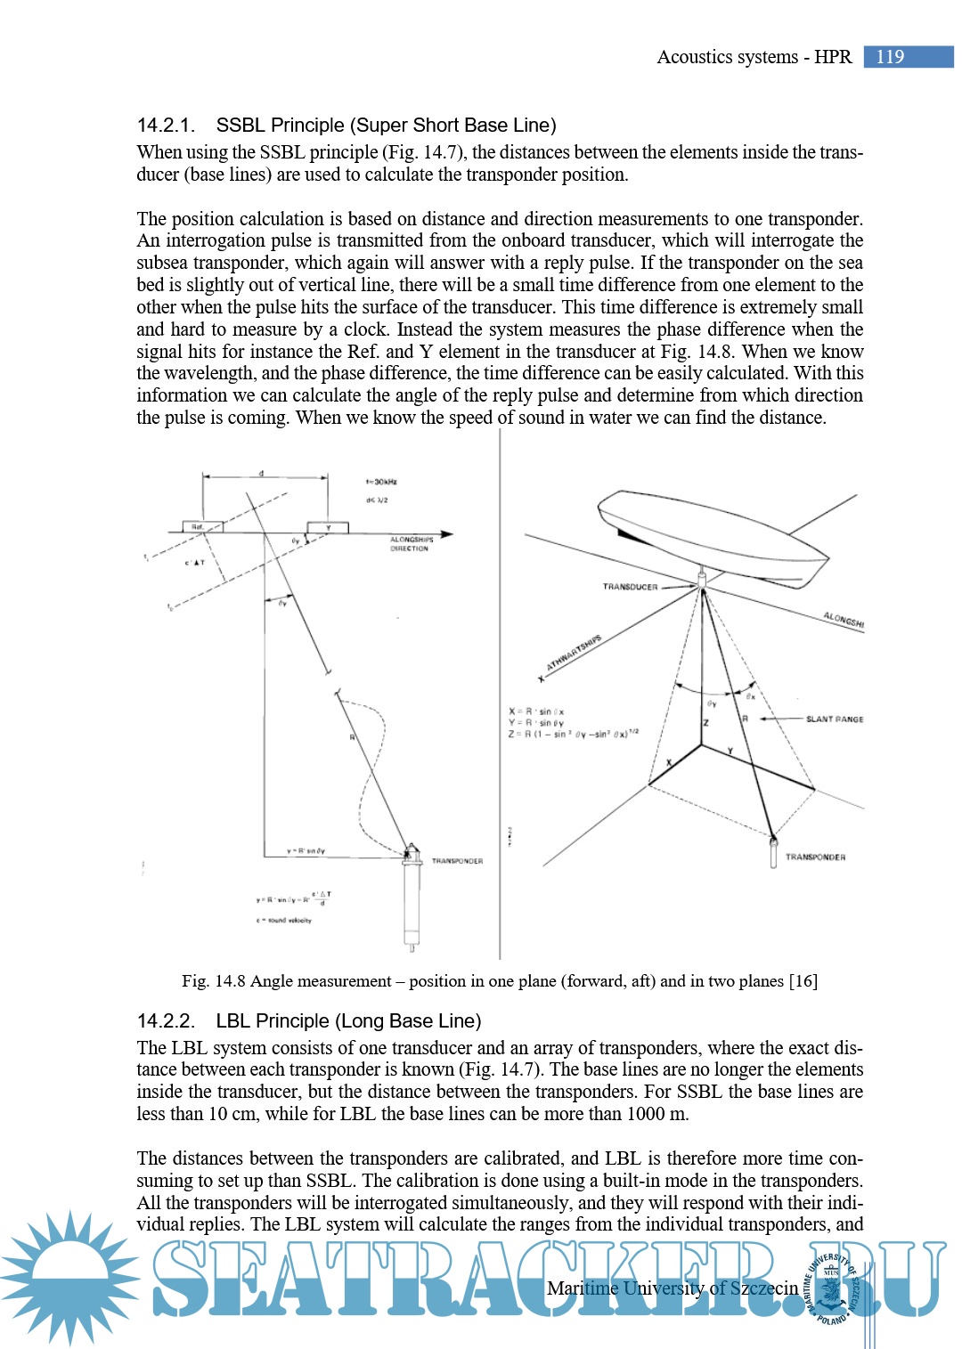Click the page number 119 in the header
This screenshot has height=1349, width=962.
890,57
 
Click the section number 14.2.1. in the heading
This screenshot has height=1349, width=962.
166,126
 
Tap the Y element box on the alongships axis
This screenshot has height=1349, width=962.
327,528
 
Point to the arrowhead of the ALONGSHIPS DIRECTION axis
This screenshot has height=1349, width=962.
447,534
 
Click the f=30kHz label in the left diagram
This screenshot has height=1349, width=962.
381,482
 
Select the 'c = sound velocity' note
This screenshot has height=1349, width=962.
284,921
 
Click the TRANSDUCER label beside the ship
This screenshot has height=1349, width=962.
630,587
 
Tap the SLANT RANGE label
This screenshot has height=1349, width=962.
835,719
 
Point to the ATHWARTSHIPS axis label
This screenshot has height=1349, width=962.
574,652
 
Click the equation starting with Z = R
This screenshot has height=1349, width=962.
573,734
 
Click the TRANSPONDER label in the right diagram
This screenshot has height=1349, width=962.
815,857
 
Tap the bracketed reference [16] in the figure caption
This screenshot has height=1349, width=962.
803,981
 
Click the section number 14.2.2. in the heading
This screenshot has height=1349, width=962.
166,1021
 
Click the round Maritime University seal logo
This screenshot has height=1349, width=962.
832,1288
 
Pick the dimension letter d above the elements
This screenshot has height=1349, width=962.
261,473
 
